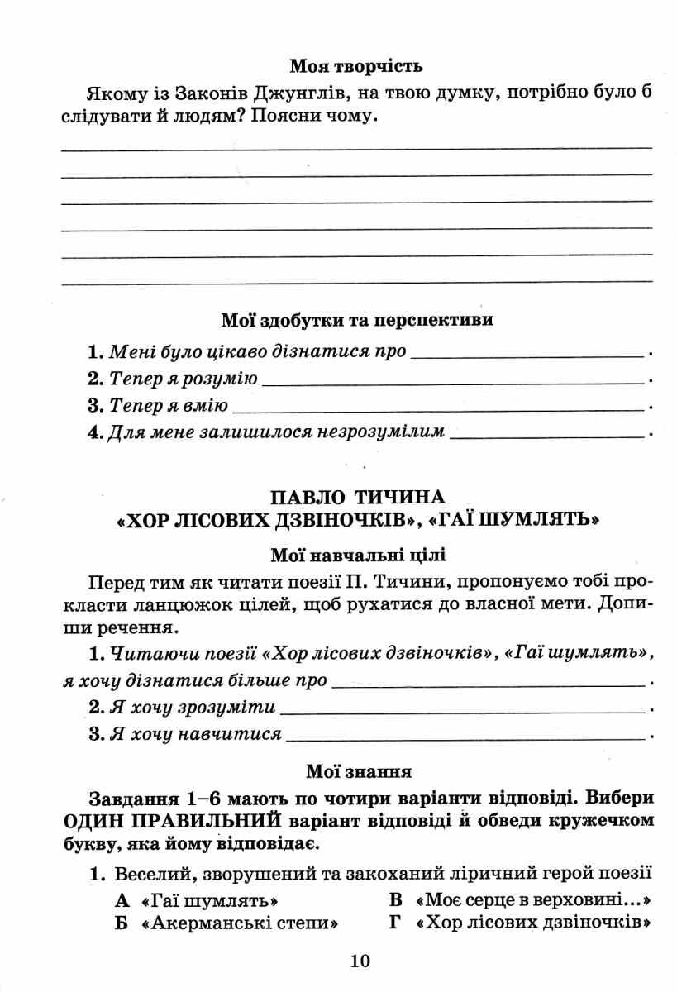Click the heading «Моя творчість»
coord(356,64)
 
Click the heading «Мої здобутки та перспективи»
coord(357,320)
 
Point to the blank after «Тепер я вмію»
coord(438,408)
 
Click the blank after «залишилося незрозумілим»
coord(546,432)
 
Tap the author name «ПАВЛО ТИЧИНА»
coord(356,497)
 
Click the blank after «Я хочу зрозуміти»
coord(462,710)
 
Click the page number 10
coord(360,961)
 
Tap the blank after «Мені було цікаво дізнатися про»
coord(527,354)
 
